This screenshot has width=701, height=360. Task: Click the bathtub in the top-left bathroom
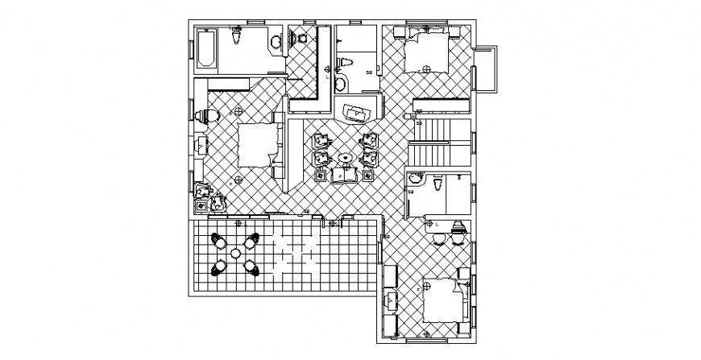[205, 48]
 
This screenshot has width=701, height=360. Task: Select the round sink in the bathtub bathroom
[276, 43]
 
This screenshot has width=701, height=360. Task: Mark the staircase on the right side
[439, 141]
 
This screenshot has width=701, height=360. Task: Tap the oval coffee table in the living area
[346, 157]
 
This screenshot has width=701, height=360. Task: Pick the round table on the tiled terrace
[235, 253]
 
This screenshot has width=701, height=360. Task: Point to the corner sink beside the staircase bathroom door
[414, 178]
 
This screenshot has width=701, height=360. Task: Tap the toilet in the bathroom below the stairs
[436, 185]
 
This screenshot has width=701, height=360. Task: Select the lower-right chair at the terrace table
[253, 267]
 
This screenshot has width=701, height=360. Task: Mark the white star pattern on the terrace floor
[294, 253]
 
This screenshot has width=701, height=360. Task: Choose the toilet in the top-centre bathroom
[340, 84]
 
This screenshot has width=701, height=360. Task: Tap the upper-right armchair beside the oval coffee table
[371, 139]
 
